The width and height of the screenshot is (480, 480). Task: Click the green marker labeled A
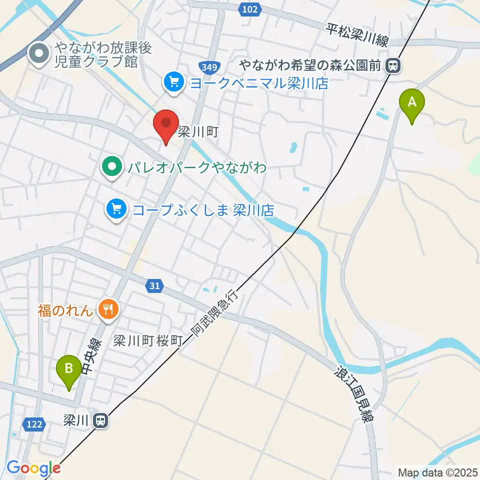(x=412, y=103)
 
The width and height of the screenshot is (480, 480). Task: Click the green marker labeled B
(x=69, y=369)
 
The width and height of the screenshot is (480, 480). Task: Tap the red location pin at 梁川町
(x=165, y=124)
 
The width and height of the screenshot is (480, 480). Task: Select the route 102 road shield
(x=249, y=9)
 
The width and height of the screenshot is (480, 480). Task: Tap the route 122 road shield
(x=33, y=424)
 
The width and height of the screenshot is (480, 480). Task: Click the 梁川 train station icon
(x=101, y=421)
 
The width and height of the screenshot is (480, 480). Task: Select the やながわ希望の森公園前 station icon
(x=394, y=65)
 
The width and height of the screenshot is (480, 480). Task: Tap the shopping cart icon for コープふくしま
(x=116, y=207)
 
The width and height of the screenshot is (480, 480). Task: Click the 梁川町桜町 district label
(x=146, y=341)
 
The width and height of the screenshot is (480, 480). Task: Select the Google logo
(x=33, y=468)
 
